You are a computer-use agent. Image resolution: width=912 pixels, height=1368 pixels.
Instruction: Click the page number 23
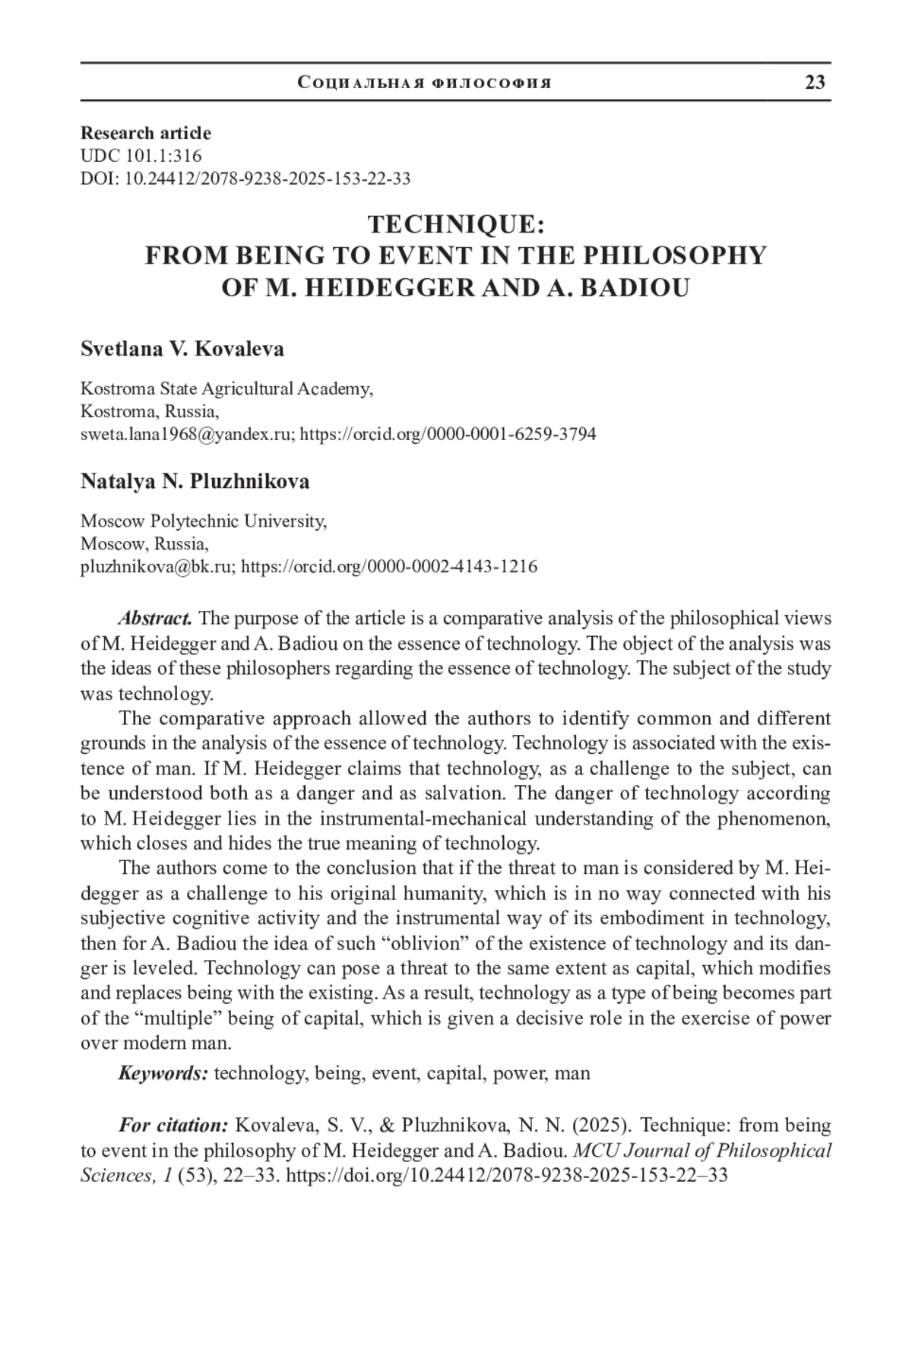pos(815,83)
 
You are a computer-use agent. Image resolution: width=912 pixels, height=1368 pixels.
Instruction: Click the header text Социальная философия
pos(425,83)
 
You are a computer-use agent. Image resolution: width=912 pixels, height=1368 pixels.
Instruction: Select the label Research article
pos(146,133)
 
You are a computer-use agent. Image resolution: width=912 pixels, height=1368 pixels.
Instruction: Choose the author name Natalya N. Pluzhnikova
pos(195,481)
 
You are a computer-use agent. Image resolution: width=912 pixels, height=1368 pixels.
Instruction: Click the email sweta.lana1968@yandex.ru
pos(187,434)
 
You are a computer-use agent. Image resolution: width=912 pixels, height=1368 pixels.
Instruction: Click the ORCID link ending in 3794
pos(448,434)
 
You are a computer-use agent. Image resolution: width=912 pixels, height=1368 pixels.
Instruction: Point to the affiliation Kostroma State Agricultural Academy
pos(226,389)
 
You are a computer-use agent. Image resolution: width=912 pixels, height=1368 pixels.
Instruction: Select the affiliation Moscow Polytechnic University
pos(203,521)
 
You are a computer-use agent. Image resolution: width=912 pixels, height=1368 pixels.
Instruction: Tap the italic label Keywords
pos(163,1073)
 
